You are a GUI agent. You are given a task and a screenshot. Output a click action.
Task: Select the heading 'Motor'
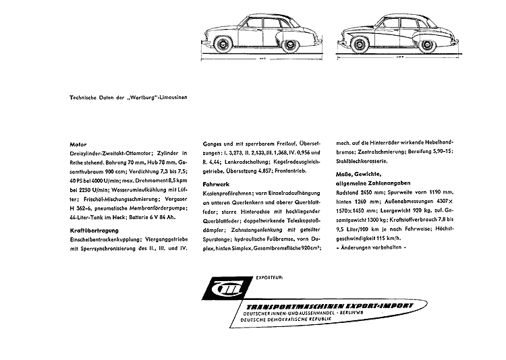pos(78,144)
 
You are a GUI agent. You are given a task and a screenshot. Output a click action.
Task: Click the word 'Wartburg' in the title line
pos(139,99)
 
